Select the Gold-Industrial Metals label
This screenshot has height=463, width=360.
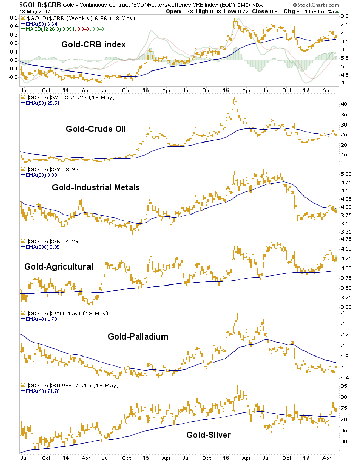(x=96, y=187)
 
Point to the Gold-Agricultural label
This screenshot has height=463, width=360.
(x=59, y=266)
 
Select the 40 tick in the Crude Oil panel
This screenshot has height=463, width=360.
(x=344, y=104)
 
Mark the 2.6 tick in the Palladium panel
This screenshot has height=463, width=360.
(x=345, y=313)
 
